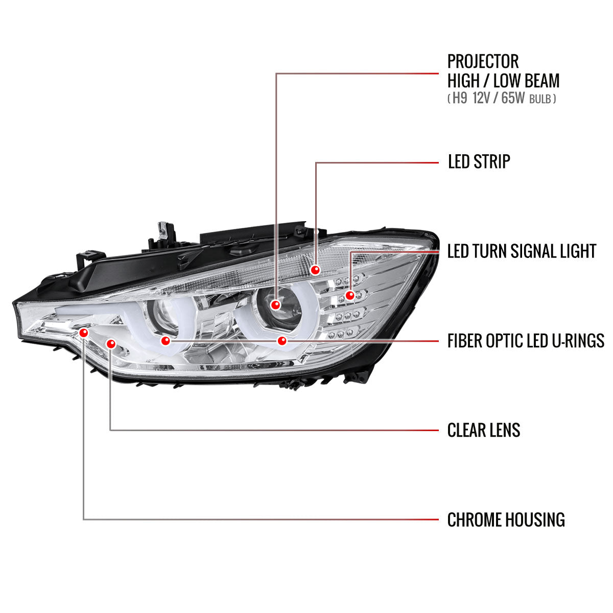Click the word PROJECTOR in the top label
pyautogui.click(x=483, y=61)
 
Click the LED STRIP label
pyautogui.click(x=479, y=161)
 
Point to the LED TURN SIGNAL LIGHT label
pyautogui.click(x=522, y=251)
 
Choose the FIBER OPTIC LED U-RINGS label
pyautogui.click(x=526, y=340)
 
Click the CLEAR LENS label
pyautogui.click(x=483, y=430)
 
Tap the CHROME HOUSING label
pyautogui.click(x=506, y=520)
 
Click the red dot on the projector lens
pyautogui.click(x=276, y=305)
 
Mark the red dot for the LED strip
pyautogui.click(x=316, y=269)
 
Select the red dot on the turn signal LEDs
pyautogui.click(x=350, y=295)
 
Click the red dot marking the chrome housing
pyautogui.click(x=84, y=333)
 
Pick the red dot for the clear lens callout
pyautogui.click(x=111, y=344)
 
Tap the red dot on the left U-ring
pyautogui.click(x=164, y=340)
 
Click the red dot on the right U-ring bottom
pyautogui.click(x=281, y=340)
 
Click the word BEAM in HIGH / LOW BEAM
pyautogui.click(x=541, y=81)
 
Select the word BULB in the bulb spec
pyautogui.click(x=540, y=99)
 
